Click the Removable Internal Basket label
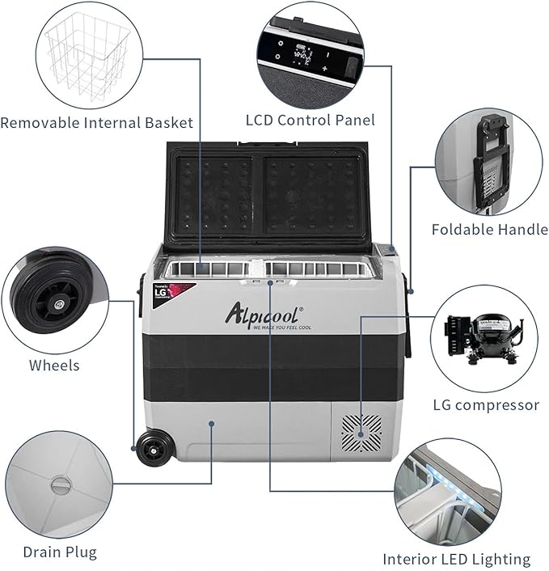point(97,123)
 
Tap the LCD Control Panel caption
point(310,121)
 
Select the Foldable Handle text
point(489,229)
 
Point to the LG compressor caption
point(486,404)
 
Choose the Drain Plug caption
point(61,552)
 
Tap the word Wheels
point(54,365)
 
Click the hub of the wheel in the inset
point(60,305)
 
